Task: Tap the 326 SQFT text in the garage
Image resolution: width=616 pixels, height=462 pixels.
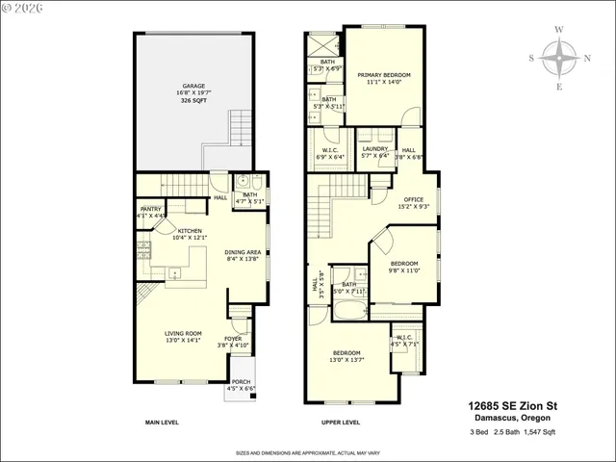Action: point(193,100)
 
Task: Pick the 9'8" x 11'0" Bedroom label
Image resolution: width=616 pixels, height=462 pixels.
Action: point(404,267)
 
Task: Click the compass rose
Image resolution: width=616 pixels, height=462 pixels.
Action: point(559,58)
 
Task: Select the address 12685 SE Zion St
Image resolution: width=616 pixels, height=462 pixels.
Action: point(512,406)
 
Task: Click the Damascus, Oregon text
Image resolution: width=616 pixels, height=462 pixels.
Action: point(512,419)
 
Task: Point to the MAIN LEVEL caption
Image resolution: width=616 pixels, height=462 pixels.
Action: point(165,423)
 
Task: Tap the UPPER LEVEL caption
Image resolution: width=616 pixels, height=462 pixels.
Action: point(341,423)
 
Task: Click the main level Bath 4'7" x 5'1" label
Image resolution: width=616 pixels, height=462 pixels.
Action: point(249,198)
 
